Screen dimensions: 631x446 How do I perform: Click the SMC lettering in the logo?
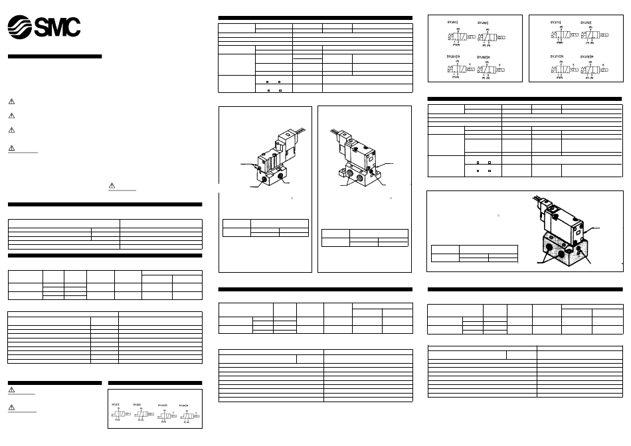(58, 27)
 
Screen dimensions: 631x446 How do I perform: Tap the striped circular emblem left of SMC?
(20, 27)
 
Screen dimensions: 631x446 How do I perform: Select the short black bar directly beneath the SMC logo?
(54, 57)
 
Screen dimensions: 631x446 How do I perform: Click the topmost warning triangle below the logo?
(11, 102)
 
